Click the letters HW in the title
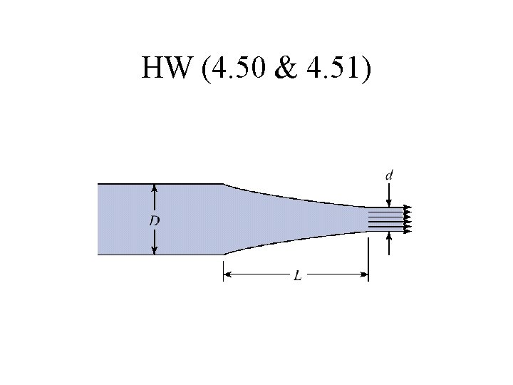[x=165, y=67]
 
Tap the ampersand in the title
[x=286, y=68]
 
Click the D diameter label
[x=155, y=222]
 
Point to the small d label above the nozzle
[x=389, y=176]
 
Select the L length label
[x=297, y=276]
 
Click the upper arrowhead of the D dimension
[x=155, y=188]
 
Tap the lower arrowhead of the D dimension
[x=155, y=251]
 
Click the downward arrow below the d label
[x=389, y=195]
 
